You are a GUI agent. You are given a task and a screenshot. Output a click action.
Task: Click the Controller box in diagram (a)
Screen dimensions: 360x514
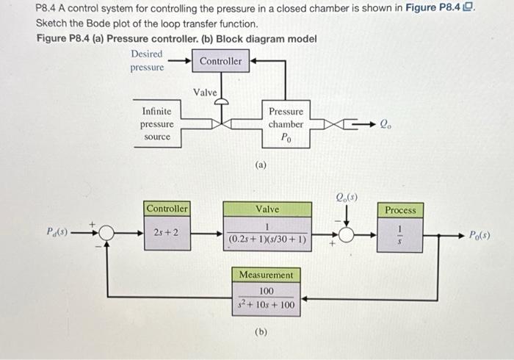tap(220, 61)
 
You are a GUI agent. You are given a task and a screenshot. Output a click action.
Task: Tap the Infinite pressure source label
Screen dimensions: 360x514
tap(156, 123)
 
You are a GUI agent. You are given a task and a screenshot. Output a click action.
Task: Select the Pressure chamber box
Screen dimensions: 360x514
tap(286, 123)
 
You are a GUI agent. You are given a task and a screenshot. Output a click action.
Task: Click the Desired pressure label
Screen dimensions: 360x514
tap(147, 61)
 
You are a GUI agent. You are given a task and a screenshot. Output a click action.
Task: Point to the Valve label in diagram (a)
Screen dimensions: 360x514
tap(205, 92)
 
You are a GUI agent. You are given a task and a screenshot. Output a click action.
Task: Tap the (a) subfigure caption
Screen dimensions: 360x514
tap(260, 165)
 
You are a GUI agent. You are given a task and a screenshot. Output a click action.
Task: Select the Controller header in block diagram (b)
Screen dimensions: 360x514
tap(167, 209)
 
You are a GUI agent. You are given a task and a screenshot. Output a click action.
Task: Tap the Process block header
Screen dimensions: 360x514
tap(400, 210)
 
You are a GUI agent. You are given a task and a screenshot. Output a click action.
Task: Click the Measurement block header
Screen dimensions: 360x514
tap(266, 275)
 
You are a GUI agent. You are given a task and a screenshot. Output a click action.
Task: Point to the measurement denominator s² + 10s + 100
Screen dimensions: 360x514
tap(266, 304)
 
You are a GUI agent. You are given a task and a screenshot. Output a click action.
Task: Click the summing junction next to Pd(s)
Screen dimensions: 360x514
tap(108, 234)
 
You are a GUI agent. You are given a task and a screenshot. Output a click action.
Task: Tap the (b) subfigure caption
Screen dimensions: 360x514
tap(260, 331)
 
